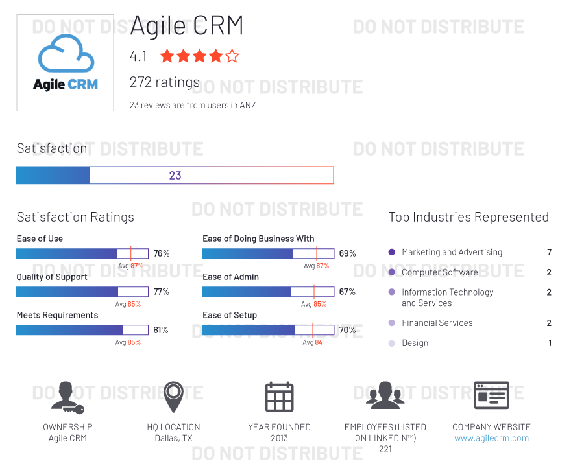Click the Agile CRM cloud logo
65,63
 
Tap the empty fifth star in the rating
232,56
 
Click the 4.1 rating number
138,56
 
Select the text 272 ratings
165,82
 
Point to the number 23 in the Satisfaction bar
175,175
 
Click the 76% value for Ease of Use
162,253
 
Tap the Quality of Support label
52,277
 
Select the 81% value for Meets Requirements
161,330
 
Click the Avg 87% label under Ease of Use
130,266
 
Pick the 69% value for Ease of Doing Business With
347,253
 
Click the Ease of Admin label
230,277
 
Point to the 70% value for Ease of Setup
347,330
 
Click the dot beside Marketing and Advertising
391,252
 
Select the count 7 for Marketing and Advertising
549,252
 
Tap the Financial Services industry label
437,323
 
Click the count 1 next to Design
550,343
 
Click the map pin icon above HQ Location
173,397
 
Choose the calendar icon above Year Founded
279,397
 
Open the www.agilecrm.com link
491,438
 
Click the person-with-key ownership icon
67,397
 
